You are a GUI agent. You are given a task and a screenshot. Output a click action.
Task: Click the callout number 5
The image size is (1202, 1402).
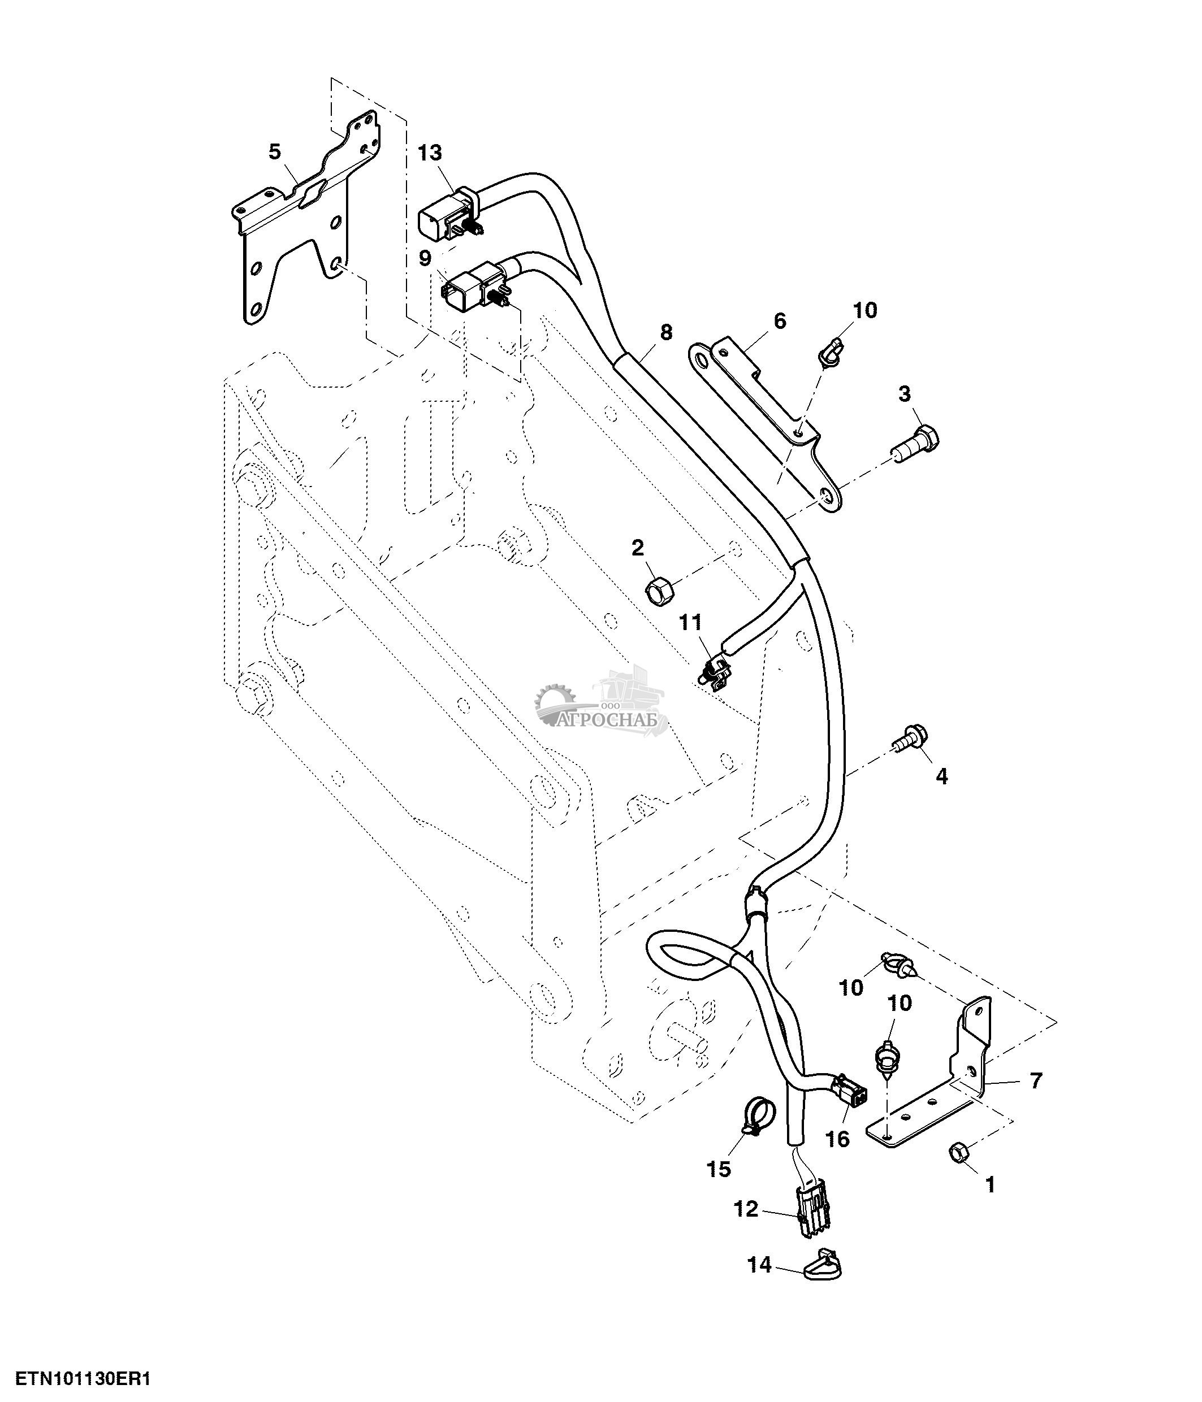click(274, 151)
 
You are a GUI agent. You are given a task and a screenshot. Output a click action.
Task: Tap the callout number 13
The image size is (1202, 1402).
click(429, 153)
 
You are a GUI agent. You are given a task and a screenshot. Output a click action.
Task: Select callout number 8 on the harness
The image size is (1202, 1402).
click(666, 332)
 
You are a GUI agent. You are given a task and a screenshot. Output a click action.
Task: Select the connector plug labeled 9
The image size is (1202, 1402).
click(472, 287)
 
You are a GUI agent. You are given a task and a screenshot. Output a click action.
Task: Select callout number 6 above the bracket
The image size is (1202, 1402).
click(780, 321)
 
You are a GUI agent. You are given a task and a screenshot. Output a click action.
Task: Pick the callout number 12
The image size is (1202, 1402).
click(746, 1209)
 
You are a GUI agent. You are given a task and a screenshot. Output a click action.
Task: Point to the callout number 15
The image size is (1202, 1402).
click(719, 1169)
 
